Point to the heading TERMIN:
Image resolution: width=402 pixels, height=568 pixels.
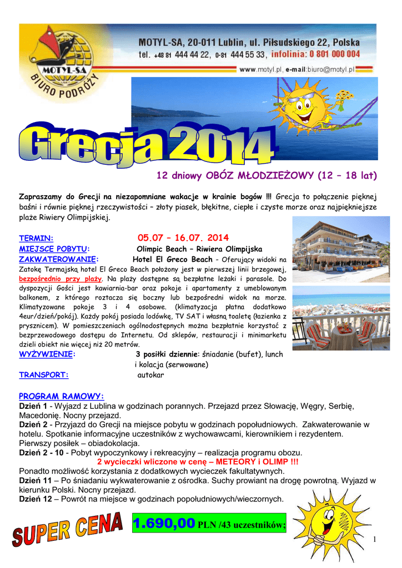[36, 239]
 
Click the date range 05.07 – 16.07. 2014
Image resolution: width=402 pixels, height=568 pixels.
[183, 238]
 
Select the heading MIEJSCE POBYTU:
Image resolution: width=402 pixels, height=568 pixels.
[54, 249]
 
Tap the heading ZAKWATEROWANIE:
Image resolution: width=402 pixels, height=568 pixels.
[59, 259]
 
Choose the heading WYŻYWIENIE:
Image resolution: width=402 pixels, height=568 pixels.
[47, 354]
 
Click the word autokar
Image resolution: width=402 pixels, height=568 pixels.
[150, 375]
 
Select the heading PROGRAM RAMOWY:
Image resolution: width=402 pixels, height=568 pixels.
[62, 396]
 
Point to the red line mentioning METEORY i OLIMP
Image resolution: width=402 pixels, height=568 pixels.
[197, 462]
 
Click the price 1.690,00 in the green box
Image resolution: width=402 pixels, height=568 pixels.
[164, 523]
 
